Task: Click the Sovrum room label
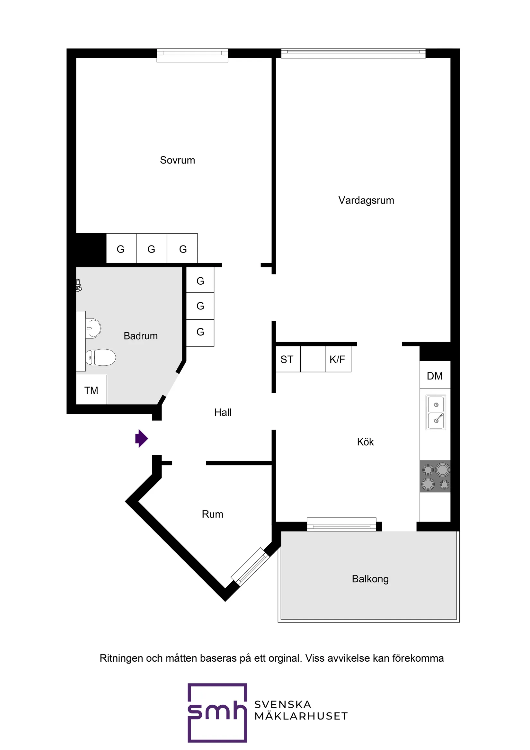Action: [x=177, y=160]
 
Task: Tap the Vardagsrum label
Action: [x=366, y=200]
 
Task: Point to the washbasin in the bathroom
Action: [x=94, y=328]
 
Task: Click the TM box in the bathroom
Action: [x=91, y=390]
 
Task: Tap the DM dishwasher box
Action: [x=435, y=376]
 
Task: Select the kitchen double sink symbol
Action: [x=436, y=412]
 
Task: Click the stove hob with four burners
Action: [x=435, y=476]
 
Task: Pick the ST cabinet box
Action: [x=287, y=359]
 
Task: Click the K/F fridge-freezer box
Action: [x=338, y=359]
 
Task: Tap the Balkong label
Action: [x=370, y=579]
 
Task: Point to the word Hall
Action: [x=223, y=412]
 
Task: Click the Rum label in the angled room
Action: [x=212, y=514]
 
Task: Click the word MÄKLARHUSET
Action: [x=301, y=716]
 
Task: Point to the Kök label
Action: [x=365, y=442]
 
